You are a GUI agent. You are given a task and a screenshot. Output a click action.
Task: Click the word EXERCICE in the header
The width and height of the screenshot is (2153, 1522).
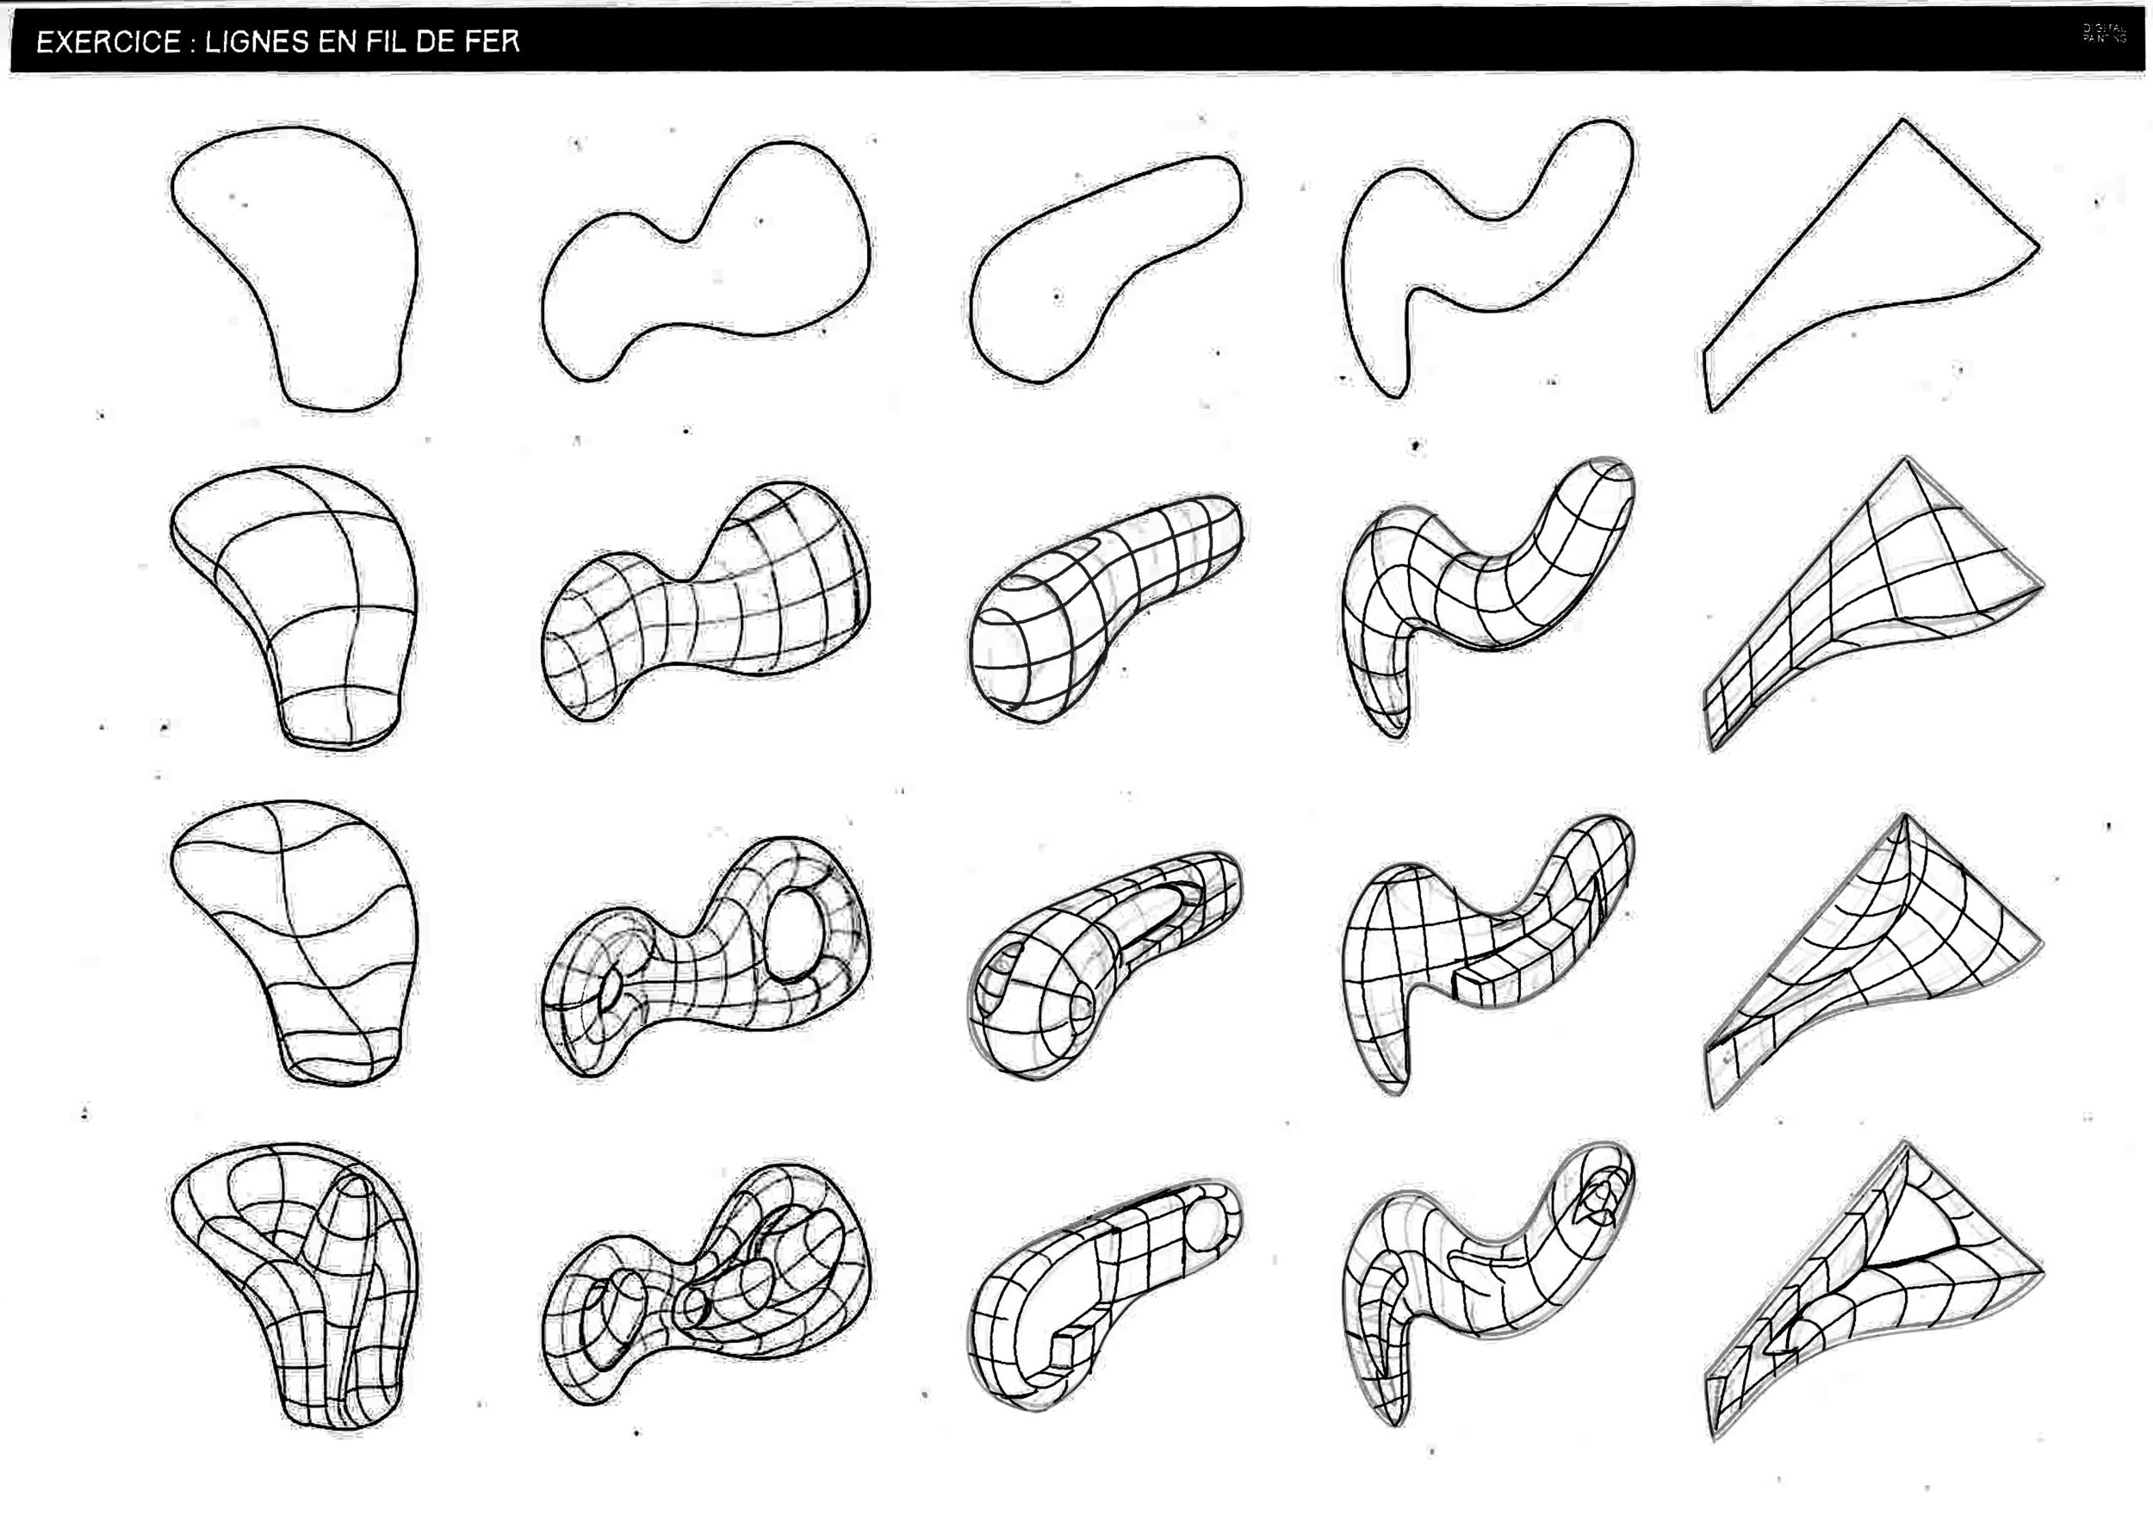click(x=108, y=42)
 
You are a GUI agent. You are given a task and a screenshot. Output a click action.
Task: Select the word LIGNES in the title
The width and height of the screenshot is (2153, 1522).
click(x=256, y=42)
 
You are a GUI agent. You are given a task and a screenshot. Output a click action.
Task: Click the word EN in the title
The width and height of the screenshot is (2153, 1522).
click(x=334, y=42)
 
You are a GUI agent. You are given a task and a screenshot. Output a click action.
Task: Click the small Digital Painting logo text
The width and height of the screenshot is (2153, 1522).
click(x=2104, y=34)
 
